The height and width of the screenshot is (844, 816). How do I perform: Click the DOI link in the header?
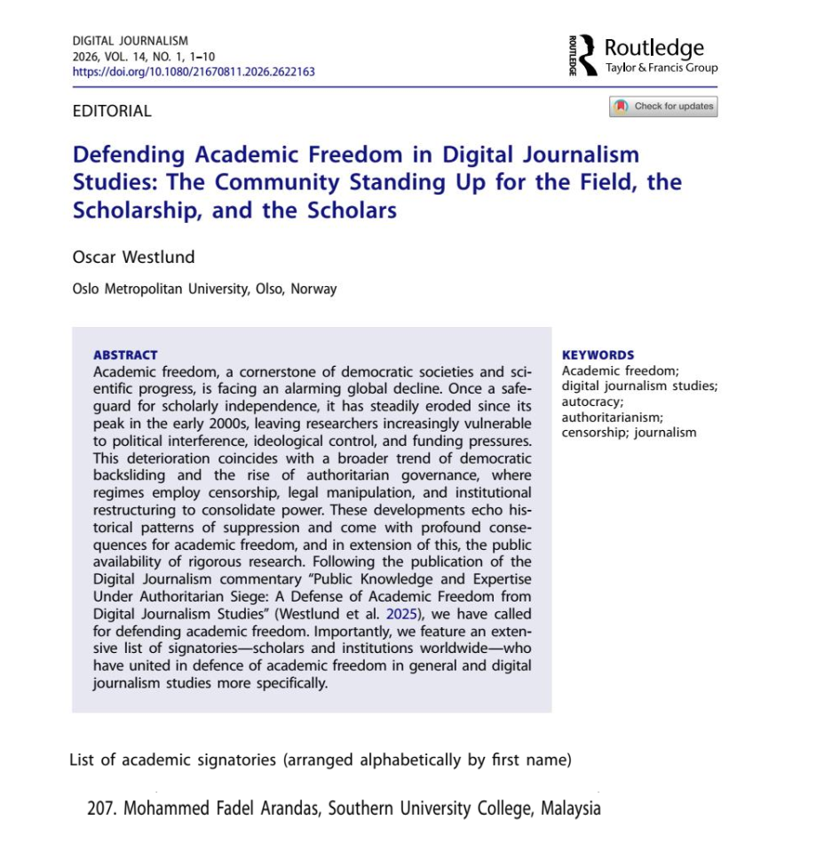click(194, 71)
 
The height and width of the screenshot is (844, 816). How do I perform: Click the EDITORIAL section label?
click(112, 111)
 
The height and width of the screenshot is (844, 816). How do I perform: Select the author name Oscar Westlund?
click(133, 257)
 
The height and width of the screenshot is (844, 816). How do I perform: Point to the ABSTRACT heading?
click(125, 354)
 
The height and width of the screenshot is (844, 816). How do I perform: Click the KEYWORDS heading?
click(598, 354)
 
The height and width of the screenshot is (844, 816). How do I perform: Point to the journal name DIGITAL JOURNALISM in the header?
click(131, 41)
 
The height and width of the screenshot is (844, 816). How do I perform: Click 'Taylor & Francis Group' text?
click(662, 68)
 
